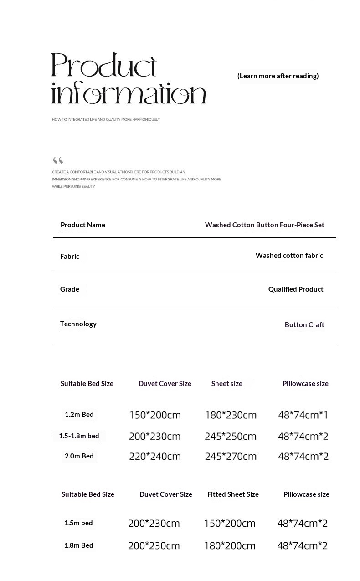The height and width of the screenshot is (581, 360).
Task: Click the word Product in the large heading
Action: (104, 65)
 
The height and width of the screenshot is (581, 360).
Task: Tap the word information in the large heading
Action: (129, 94)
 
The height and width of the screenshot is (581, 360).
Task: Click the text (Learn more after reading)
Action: (278, 76)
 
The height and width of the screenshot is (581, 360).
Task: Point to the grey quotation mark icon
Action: (58, 160)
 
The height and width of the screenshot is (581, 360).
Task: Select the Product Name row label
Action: (83, 225)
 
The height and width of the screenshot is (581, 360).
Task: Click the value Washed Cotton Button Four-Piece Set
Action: (264, 225)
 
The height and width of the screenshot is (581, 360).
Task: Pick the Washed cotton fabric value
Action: (289, 256)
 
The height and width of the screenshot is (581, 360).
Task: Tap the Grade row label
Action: (70, 289)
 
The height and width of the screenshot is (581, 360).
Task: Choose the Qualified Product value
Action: (296, 289)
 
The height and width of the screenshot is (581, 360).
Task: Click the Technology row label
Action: (78, 324)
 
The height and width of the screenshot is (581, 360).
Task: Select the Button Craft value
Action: (304, 324)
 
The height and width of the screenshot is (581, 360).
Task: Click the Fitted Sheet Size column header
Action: (233, 494)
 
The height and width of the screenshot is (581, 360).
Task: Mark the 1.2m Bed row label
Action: (79, 414)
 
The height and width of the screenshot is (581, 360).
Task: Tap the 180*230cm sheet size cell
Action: (231, 415)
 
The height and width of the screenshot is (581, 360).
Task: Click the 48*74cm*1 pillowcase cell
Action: (303, 415)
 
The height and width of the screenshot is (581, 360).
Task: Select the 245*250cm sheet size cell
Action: (231, 436)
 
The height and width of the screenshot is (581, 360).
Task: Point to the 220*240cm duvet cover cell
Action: (155, 456)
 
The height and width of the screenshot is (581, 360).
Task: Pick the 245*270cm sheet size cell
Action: (231, 456)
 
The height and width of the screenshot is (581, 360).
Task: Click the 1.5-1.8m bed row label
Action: (79, 436)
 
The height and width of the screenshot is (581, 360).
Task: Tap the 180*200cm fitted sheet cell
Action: (230, 545)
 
